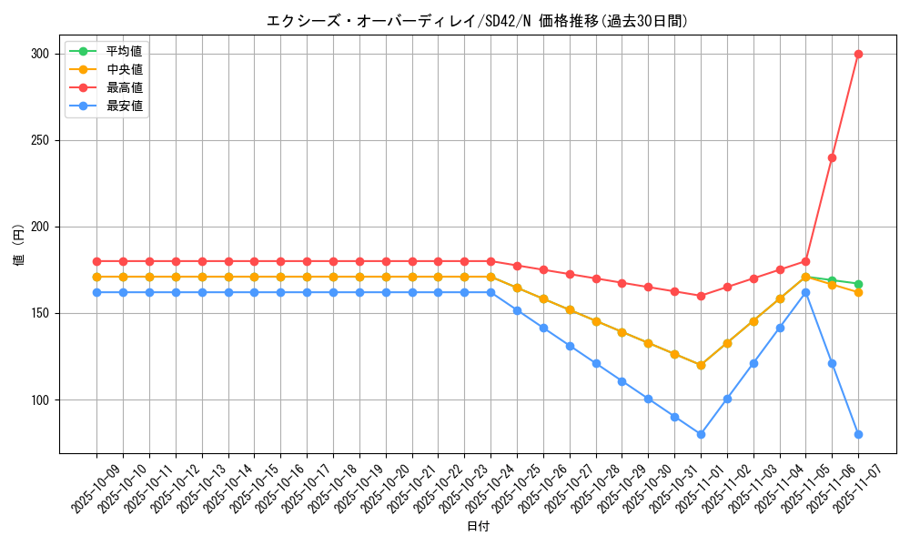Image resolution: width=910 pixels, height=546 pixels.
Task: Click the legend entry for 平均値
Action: pos(124,51)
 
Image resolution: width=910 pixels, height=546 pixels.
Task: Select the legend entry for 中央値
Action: pos(124,69)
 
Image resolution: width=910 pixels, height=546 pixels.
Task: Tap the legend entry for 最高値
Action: pos(124,87)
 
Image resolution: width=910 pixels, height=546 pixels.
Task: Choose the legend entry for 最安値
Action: pos(124,106)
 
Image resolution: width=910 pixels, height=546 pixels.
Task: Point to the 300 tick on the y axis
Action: pos(40,55)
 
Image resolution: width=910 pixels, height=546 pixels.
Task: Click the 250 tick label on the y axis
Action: pos(40,141)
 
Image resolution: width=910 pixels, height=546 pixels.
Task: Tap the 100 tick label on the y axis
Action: pos(40,400)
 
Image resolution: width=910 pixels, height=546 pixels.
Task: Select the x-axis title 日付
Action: pos(477,527)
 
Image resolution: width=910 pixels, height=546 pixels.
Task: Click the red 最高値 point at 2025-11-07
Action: pos(858,55)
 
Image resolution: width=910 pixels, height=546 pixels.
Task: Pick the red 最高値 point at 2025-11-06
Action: pos(832,157)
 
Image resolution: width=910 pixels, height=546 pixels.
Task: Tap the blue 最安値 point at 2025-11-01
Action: pos(701,434)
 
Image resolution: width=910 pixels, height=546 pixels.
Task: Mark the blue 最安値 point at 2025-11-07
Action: pos(858,434)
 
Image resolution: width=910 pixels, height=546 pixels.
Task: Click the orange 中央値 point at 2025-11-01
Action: pos(701,365)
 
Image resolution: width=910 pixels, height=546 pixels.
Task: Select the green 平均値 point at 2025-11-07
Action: pos(858,284)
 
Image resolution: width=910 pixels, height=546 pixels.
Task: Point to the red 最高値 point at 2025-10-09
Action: pos(96,261)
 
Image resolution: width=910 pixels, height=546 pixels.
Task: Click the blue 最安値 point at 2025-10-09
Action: pos(96,292)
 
